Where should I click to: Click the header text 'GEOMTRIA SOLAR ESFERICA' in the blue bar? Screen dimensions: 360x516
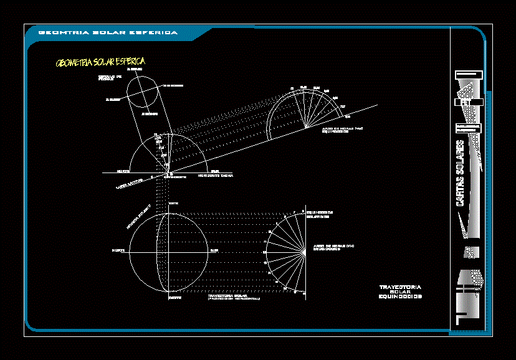(x=108, y=32)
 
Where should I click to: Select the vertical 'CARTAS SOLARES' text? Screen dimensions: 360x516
(x=461, y=173)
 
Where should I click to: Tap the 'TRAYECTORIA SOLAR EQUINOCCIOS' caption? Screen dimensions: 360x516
(x=400, y=291)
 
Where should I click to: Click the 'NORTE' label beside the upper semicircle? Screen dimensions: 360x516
(x=123, y=171)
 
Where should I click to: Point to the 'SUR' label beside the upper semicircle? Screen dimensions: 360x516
(x=215, y=171)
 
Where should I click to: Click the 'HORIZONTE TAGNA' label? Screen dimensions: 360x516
(x=216, y=177)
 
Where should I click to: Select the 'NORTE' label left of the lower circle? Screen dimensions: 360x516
(x=118, y=250)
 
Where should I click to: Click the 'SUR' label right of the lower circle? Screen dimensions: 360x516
(x=214, y=250)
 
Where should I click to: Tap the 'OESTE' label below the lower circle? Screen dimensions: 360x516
(x=173, y=298)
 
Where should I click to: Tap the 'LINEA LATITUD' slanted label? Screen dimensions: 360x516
(x=129, y=182)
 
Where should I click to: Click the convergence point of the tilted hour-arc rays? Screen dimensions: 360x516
(x=306, y=128)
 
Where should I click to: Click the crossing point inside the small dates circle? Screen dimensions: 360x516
(x=144, y=95)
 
